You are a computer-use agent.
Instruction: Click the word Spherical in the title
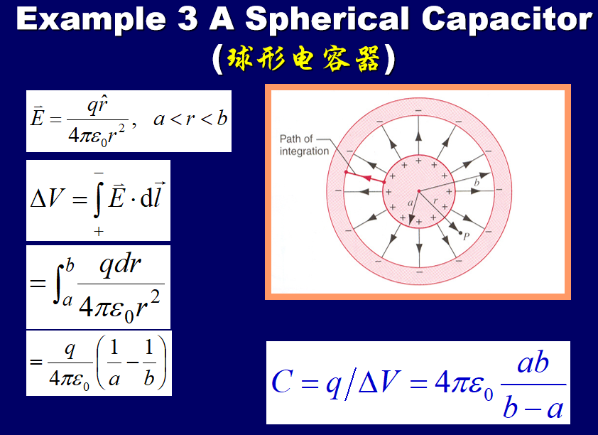coord(327,20)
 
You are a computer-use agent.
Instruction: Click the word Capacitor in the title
coord(507,19)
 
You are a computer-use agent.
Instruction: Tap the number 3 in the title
coord(187,18)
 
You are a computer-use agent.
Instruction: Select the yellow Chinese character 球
coord(239,58)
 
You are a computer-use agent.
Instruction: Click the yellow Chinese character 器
coord(367,58)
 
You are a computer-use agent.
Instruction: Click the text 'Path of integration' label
coord(304,145)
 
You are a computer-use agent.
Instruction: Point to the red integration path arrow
coord(365,177)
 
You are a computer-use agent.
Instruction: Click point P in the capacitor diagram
coord(461,232)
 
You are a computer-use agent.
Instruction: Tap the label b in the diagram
coord(477,183)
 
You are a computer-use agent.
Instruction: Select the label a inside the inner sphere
coord(410,203)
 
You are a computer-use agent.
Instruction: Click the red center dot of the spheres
coord(419,190)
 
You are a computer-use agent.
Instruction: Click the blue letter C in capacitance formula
coord(282,382)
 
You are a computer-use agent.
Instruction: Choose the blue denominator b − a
coord(533,407)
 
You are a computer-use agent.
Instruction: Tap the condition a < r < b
coord(190,119)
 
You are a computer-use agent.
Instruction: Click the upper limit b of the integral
coord(70,266)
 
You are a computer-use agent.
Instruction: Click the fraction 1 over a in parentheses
coord(114,363)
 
